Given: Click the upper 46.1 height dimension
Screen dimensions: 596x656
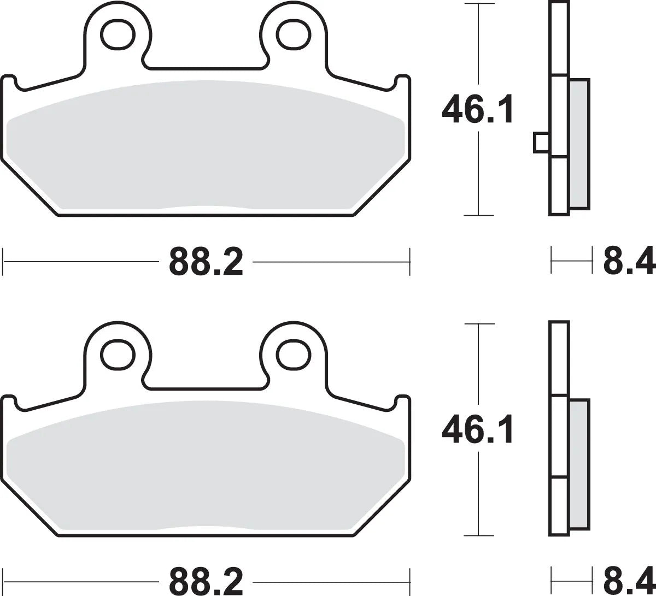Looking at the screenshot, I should [x=478, y=109].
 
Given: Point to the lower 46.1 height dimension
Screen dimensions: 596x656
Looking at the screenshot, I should [x=478, y=430].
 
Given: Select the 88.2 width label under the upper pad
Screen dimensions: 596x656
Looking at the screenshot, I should [x=206, y=262].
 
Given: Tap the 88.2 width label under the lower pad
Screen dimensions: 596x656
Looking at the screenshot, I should [x=206, y=582].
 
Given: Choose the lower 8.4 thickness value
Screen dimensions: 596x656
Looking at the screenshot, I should [x=629, y=582].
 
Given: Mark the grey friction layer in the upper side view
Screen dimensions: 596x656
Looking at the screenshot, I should [x=579, y=144].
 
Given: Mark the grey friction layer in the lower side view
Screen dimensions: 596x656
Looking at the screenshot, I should [x=579, y=464].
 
